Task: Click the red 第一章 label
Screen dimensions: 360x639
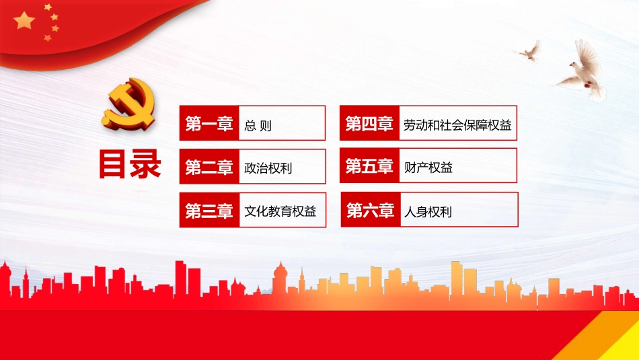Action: click(x=209, y=124)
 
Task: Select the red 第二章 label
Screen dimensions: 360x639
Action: click(x=209, y=167)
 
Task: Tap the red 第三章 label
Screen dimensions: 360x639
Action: click(x=209, y=211)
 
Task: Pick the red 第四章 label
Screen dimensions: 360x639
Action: click(x=369, y=124)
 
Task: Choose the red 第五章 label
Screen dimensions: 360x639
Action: click(x=369, y=166)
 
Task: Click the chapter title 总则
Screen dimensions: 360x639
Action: click(x=259, y=125)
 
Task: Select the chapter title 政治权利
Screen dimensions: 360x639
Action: click(x=269, y=168)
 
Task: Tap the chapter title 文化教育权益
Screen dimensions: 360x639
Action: click(x=280, y=212)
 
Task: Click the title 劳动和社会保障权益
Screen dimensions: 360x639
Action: click(x=457, y=125)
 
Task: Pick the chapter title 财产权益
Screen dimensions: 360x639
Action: click(x=428, y=168)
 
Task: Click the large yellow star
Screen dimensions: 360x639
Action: click(x=25, y=21)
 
